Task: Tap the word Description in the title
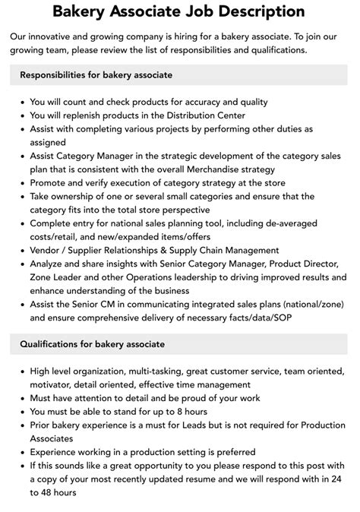(x=256, y=12)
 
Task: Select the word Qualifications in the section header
(x=51, y=344)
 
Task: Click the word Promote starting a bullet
(x=51, y=182)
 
